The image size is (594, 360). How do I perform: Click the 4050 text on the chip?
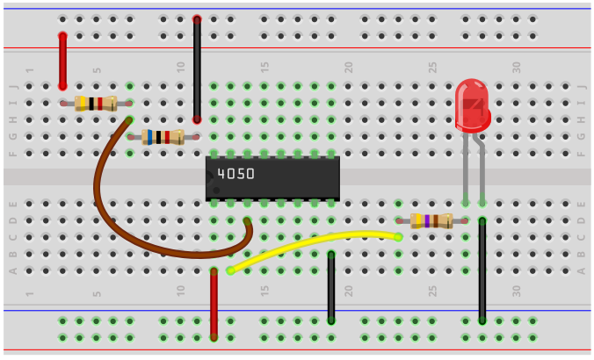pos(235,174)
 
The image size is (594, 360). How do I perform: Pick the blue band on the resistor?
pos(150,137)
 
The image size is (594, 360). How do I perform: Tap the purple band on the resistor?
pos(427,221)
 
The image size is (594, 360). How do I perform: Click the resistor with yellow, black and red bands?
pos(95,104)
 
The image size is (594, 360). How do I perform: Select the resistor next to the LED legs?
pos(431,221)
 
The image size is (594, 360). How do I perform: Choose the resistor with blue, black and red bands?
pos(163,137)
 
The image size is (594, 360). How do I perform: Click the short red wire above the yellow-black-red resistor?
pos(62,61)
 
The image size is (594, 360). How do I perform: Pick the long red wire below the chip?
pos(214,304)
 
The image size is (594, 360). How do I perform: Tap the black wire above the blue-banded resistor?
pos(197,68)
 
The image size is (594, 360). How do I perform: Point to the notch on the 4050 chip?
pos(209,178)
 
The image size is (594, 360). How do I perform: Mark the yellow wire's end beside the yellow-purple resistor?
pos(397,236)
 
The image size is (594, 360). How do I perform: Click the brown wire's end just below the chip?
pos(248,222)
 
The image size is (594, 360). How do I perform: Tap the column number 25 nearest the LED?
pos(432,67)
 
